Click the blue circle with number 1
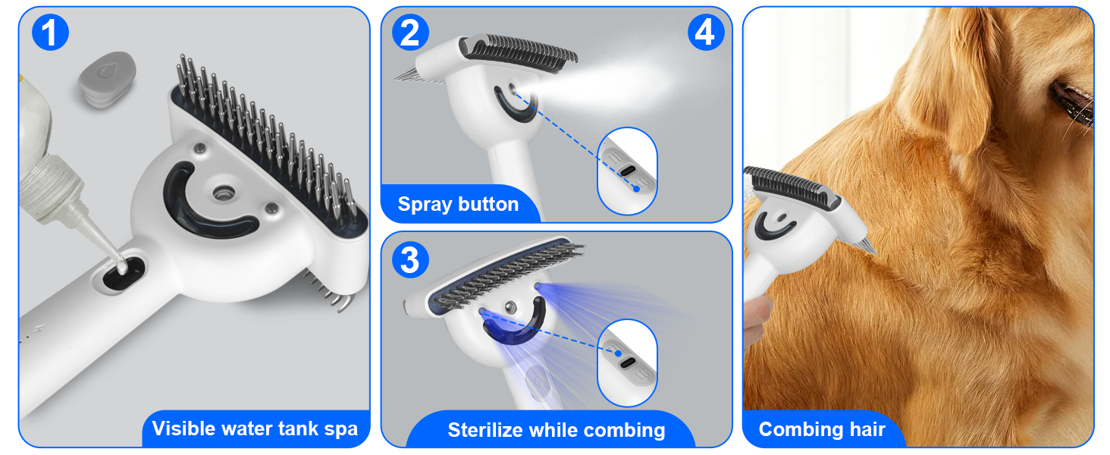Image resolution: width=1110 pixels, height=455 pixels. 50,32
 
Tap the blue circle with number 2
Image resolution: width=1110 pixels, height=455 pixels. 410,32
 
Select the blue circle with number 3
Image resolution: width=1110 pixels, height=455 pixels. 410,259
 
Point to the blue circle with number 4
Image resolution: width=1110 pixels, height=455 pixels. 706,32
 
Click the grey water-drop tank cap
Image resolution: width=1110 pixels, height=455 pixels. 107,80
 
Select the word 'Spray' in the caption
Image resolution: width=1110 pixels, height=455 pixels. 425,205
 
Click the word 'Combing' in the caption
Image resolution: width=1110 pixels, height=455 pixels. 798,429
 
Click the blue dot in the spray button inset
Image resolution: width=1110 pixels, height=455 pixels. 636,189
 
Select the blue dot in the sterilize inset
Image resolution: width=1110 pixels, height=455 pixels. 619,353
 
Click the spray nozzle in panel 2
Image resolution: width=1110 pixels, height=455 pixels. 513,89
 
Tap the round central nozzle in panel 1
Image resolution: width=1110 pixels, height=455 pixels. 224,193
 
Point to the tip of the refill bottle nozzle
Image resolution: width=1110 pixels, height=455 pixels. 121,268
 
